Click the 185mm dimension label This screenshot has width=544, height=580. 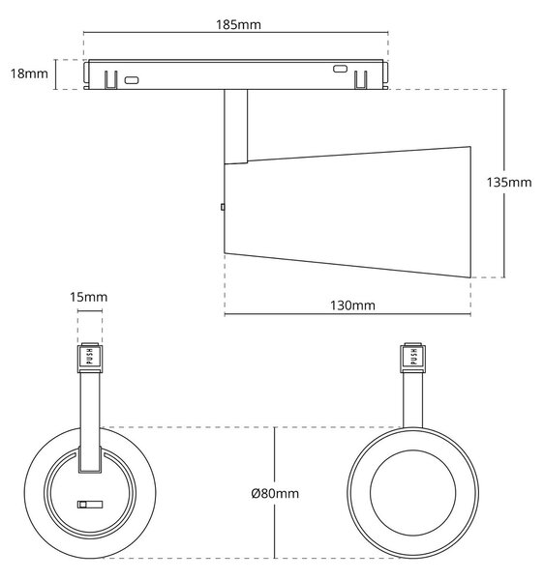(238, 25)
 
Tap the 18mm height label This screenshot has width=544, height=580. (29, 73)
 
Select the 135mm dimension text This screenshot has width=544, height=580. (509, 183)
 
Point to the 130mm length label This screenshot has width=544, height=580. (352, 305)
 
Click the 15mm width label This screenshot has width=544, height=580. (89, 297)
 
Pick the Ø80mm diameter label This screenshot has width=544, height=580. (275, 493)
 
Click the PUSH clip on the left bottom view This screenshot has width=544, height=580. (90, 358)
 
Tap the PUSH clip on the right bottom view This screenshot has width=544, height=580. (413, 358)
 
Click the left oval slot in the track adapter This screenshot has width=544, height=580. (132, 80)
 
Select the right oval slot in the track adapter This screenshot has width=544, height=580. (340, 69)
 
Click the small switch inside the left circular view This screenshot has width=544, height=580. (90, 505)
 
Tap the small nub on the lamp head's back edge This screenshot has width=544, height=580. (223, 207)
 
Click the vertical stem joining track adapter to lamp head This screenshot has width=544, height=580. (236, 127)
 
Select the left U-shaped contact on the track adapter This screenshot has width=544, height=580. (110, 80)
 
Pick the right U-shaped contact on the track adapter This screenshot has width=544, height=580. (361, 80)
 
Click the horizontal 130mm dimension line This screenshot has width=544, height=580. (348, 315)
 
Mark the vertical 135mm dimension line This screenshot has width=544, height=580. (504, 184)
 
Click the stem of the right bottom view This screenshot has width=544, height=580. (413, 400)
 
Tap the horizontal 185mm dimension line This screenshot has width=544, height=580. (236, 33)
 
